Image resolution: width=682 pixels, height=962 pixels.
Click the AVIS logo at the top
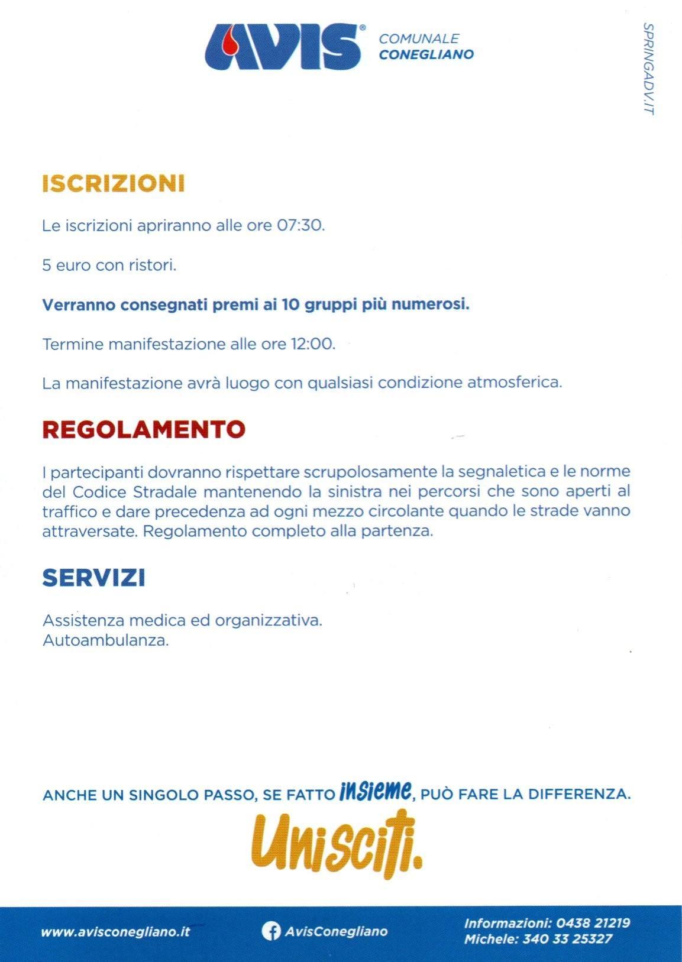coord(283,47)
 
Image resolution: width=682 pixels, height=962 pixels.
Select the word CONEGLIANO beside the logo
coord(426,55)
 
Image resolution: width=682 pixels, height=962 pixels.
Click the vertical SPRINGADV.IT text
coord(648,69)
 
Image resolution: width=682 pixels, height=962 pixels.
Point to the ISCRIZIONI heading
coord(114,183)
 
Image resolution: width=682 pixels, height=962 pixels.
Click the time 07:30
coord(301,226)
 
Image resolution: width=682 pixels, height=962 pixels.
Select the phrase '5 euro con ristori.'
coord(109,265)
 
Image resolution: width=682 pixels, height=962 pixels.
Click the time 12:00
coord(313,344)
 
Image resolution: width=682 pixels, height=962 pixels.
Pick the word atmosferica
coord(515,383)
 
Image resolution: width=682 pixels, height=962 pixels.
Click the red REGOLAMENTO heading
coord(144,429)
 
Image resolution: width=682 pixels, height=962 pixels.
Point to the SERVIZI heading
coord(94,578)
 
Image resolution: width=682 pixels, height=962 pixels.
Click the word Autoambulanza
coord(106,640)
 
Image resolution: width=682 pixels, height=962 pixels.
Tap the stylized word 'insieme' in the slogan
coord(376,791)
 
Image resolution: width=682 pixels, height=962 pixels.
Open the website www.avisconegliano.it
coord(115,932)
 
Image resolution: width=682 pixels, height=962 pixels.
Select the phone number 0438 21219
coord(593,923)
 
